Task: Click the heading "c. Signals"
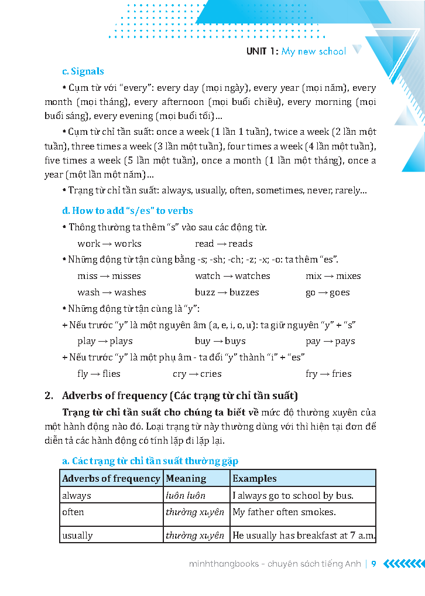tap(83, 71)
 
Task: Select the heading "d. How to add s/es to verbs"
tap(127, 211)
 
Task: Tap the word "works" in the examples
tap(128, 244)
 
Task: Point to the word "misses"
tap(126, 276)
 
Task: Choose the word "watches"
tap(252, 276)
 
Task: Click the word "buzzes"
tap(244, 292)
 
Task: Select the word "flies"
tap(111, 374)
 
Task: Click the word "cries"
tap(211, 374)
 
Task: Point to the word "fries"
tap(342, 374)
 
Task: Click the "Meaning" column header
tap(186, 479)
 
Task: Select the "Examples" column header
tap(254, 479)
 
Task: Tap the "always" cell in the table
tap(77, 496)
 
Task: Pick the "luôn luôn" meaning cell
tap(186, 496)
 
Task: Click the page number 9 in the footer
tap(373, 564)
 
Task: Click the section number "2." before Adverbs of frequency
tap(49, 396)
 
